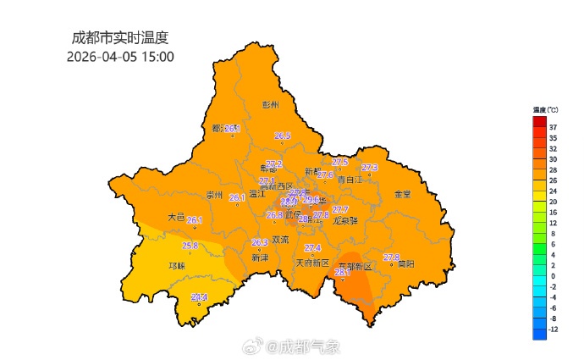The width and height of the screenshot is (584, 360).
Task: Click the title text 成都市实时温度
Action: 121,37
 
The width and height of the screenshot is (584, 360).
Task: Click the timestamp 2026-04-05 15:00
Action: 120,56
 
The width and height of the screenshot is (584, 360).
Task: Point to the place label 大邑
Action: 175,217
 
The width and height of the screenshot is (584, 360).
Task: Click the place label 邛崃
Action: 177,265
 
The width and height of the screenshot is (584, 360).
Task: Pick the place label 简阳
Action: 406,263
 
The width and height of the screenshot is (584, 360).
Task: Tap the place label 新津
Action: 260,258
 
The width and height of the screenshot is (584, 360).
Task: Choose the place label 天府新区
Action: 311,263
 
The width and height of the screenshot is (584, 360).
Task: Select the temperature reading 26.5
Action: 283,136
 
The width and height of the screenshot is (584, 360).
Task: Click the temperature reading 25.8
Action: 190,246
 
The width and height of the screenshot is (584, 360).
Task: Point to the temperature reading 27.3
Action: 369,168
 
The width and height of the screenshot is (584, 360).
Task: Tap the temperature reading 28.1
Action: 343,273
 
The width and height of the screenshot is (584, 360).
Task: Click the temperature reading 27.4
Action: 313,247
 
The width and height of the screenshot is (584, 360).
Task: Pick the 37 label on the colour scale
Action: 553,126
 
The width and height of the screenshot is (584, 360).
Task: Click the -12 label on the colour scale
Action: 553,329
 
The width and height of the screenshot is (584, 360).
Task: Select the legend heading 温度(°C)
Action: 545,110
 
